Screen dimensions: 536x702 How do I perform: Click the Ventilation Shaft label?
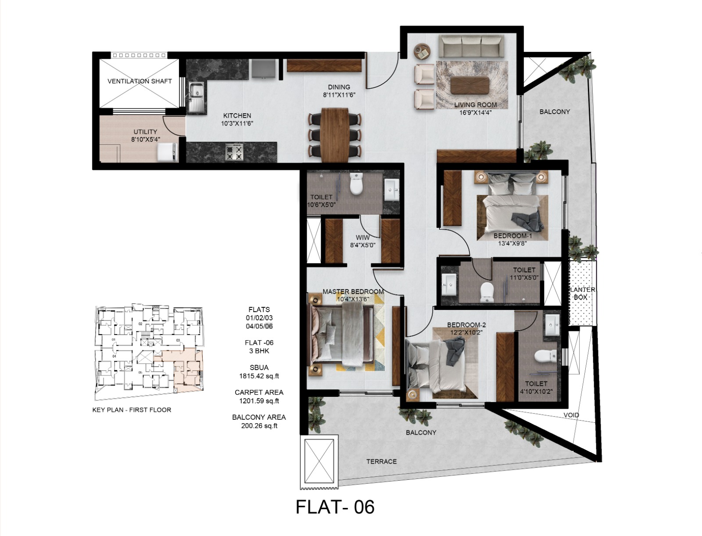(x=140, y=81)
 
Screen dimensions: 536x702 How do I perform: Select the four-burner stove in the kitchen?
(x=234, y=152)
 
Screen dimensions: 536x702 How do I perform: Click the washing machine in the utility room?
(x=168, y=152)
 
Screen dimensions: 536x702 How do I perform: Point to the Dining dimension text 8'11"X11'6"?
(x=339, y=95)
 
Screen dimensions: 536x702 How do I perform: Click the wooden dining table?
(x=335, y=134)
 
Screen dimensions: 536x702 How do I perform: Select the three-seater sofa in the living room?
(x=471, y=47)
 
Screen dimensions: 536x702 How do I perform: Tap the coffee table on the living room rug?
(x=470, y=85)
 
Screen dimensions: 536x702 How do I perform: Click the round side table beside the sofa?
(x=423, y=51)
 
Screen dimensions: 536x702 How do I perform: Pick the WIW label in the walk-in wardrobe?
(x=362, y=237)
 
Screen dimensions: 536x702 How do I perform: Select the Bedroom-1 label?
(x=512, y=236)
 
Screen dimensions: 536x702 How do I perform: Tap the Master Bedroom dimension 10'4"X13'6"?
(x=353, y=299)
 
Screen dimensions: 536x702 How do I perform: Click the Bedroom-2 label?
(x=466, y=325)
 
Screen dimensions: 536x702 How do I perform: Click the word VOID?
(x=571, y=415)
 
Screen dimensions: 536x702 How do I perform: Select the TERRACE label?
(x=381, y=461)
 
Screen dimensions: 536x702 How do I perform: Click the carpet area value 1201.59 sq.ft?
(x=259, y=401)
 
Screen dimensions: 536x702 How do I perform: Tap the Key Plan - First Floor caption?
(x=132, y=410)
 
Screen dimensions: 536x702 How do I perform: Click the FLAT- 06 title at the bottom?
(x=335, y=507)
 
